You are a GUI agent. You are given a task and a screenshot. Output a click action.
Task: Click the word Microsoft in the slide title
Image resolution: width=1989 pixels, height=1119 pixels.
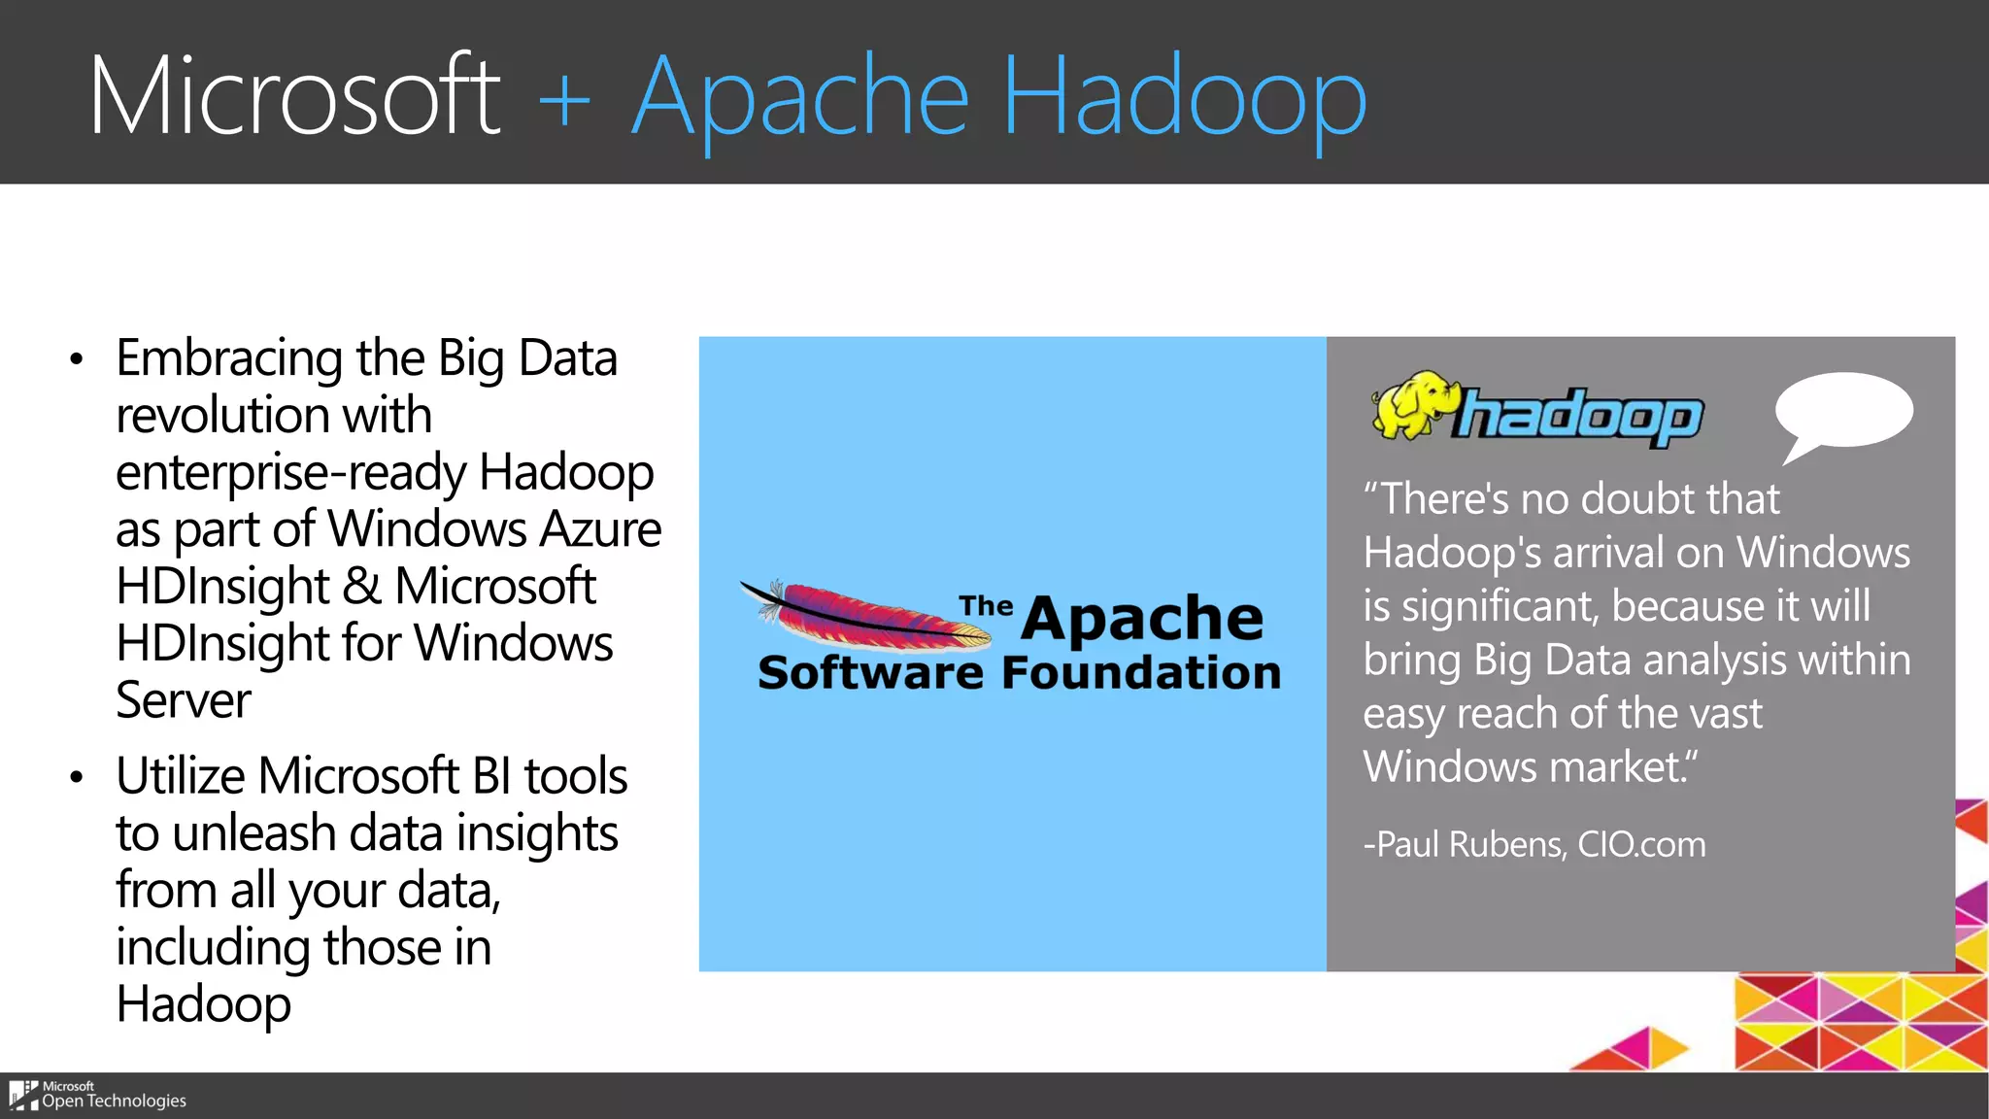pyautogui.click(x=294, y=95)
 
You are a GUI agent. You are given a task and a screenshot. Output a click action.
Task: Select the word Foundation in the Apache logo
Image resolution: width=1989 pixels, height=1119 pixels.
pyautogui.click(x=1140, y=672)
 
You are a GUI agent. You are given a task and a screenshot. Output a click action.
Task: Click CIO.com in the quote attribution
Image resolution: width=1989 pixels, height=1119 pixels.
pyautogui.click(x=1641, y=844)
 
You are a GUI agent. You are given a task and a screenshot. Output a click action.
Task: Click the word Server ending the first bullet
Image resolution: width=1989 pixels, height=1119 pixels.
pyautogui.click(x=183, y=700)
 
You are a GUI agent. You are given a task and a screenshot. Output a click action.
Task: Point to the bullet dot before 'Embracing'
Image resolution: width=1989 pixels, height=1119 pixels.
pyautogui.click(x=77, y=360)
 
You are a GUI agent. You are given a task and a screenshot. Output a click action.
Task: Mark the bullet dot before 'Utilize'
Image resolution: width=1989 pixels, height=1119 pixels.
pyautogui.click(x=77, y=778)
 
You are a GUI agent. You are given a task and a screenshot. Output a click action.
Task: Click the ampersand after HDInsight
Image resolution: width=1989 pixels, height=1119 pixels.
pyautogui.click(x=361, y=587)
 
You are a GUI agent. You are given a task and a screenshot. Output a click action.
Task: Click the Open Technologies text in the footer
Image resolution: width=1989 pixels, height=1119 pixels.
pyautogui.click(x=114, y=1102)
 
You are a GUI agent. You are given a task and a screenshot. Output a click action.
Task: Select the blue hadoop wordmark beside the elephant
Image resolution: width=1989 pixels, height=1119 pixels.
pyautogui.click(x=1578, y=417)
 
